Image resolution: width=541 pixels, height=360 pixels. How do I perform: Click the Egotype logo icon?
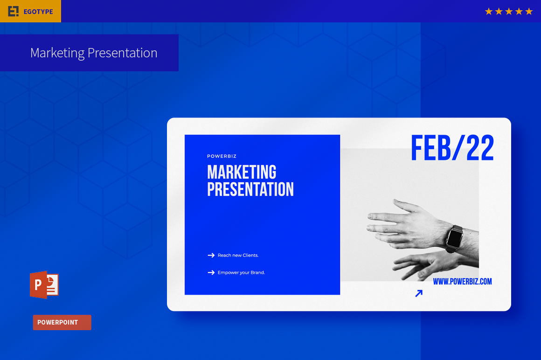click(14, 11)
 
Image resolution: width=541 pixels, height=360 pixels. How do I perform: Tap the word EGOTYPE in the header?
click(38, 12)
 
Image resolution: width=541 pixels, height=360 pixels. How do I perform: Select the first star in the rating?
click(489, 11)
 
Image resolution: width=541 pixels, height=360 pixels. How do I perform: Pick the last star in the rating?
click(529, 11)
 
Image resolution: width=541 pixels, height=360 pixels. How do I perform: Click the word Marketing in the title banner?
click(57, 53)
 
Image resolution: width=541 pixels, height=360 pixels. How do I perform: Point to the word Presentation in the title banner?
click(123, 53)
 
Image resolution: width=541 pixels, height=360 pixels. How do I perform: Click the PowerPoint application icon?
click(44, 285)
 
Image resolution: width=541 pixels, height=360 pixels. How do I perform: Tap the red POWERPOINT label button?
click(62, 322)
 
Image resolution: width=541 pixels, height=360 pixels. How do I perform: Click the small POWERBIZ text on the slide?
click(222, 156)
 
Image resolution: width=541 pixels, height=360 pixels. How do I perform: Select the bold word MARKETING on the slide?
click(242, 172)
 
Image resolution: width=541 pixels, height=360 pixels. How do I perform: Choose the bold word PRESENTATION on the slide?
click(250, 189)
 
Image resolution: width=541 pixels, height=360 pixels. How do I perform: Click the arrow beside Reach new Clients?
click(211, 255)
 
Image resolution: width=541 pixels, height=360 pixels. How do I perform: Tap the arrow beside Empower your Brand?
click(211, 272)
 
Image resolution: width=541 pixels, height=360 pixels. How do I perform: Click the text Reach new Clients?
click(238, 255)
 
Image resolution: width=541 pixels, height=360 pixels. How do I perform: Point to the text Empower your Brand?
click(241, 272)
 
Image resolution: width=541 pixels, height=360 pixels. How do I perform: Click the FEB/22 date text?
click(452, 148)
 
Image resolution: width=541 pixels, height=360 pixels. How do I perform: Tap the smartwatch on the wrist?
click(454, 238)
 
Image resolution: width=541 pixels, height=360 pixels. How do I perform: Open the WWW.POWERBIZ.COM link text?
click(462, 281)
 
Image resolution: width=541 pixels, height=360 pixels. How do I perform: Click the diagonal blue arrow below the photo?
click(419, 293)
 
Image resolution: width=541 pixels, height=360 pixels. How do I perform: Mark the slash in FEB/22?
click(458, 148)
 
